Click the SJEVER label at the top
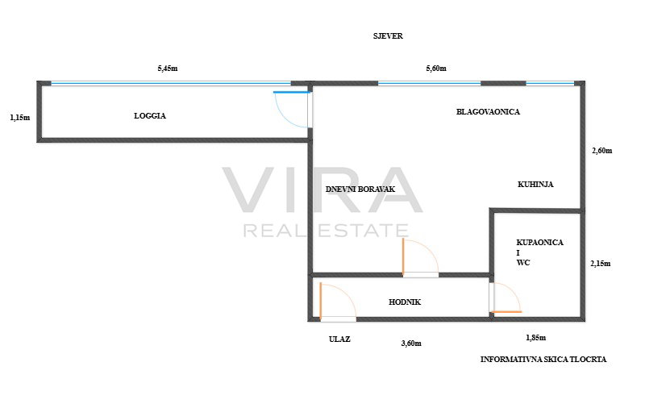click(388, 36)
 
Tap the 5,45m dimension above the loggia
click(168, 69)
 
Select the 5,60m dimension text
click(436, 69)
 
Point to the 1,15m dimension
click(19, 118)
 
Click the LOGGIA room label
click(150, 116)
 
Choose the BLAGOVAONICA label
click(488, 112)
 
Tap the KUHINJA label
click(535, 185)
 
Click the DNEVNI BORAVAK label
click(360, 190)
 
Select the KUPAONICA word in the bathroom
click(539, 243)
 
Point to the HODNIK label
click(405, 302)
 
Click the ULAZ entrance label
click(339, 339)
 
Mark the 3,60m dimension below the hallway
click(411, 344)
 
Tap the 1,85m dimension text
click(535, 338)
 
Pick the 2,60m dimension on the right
click(601, 151)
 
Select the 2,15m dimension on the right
click(600, 264)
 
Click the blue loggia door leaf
click(292, 92)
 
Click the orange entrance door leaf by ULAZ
click(320, 301)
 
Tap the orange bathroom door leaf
click(507, 312)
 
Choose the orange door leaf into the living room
click(403, 256)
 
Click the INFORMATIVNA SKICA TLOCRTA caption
click(543, 360)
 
